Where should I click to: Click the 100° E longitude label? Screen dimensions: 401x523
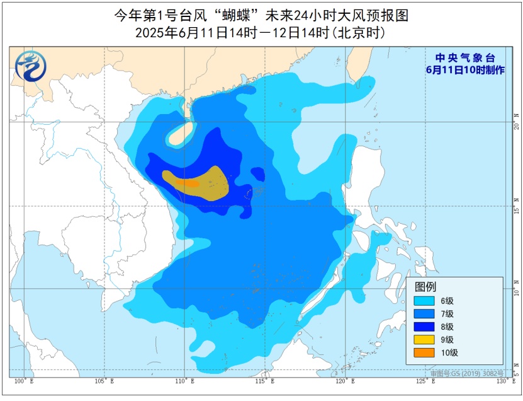23,381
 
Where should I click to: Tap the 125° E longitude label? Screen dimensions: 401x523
424,381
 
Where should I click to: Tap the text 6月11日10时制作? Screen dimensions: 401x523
465,69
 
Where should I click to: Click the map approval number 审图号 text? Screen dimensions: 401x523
466,373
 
